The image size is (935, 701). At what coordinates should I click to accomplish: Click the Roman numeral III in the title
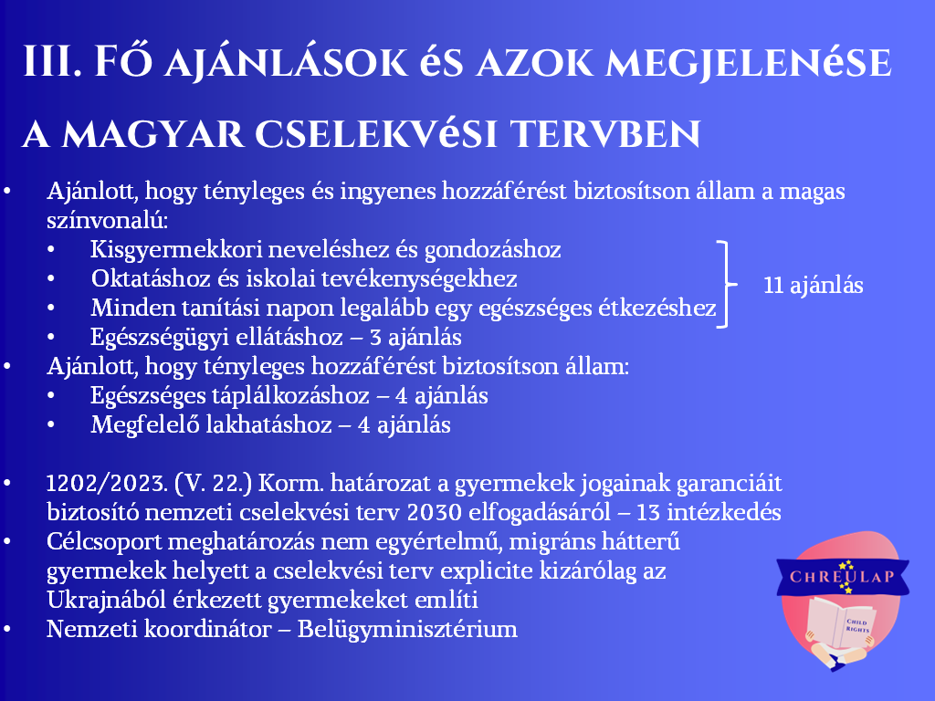52,61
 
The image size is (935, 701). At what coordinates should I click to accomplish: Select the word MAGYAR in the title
152,133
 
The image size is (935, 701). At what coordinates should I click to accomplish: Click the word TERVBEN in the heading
606,133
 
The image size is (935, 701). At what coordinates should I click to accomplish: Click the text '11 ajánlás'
814,285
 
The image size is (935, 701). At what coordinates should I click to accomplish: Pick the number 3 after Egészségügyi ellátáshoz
375,338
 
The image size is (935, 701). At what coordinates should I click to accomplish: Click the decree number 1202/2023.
107,483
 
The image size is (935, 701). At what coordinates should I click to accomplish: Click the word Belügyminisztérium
407,630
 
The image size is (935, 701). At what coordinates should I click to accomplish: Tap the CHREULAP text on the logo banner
842,577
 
